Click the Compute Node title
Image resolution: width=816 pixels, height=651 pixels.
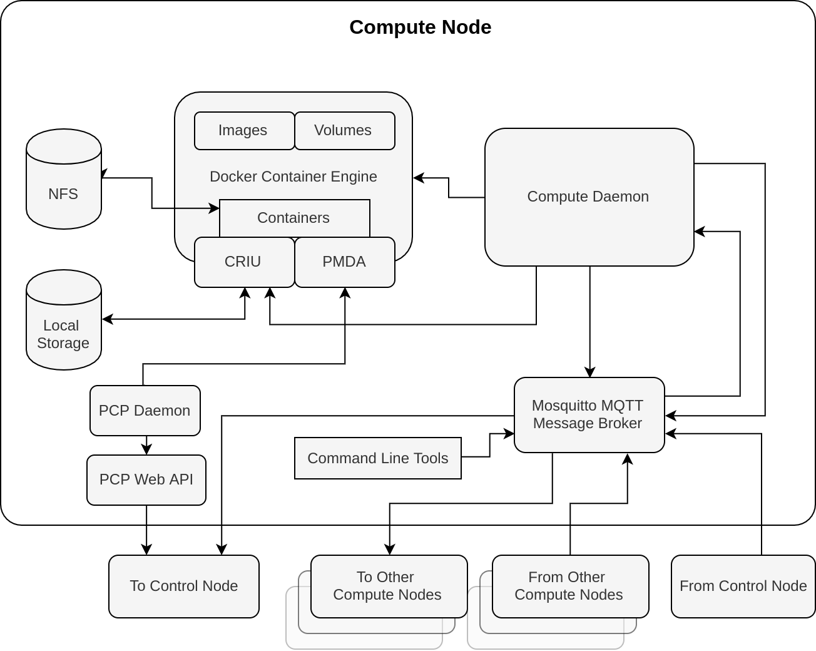[x=420, y=28]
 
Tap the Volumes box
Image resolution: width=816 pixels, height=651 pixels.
[x=344, y=131]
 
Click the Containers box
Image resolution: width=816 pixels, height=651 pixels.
[x=294, y=218]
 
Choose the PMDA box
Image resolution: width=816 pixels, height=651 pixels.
[x=344, y=262]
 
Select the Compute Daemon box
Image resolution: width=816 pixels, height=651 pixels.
[x=589, y=197]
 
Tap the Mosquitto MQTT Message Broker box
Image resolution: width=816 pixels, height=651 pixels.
[x=589, y=415]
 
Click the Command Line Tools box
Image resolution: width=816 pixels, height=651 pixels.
[x=377, y=458]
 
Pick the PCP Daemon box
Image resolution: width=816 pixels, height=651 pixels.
[x=145, y=411]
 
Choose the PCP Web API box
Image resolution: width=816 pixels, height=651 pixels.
[x=146, y=480]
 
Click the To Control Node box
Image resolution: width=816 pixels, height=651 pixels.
[x=183, y=587]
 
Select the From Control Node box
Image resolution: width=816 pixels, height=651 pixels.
[x=743, y=587]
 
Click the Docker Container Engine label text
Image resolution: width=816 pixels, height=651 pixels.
[x=293, y=177]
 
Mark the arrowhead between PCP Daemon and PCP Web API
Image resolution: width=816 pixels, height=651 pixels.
[x=146, y=450]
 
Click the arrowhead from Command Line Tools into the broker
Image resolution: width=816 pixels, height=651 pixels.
[x=509, y=434]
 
